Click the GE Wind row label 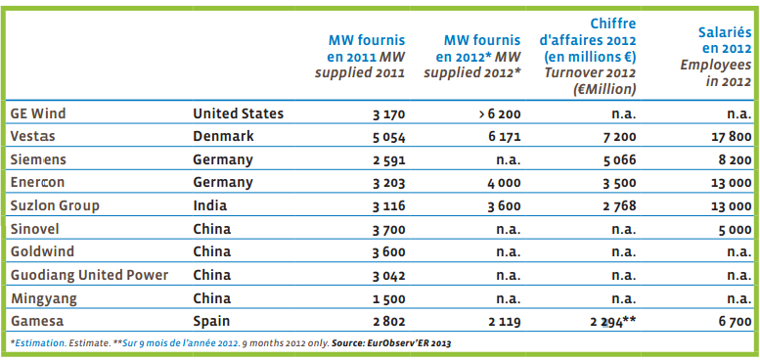point(38,113)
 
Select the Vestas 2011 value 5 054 point(388,137)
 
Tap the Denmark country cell point(223,136)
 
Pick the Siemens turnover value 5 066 point(619,160)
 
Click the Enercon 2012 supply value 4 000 point(504,183)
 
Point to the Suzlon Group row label point(55,205)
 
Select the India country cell point(210,205)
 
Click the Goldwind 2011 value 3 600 point(388,252)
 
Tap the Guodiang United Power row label point(89,275)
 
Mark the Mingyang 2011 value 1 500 point(389,298)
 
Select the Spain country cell point(211,321)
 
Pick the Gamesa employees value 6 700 point(736,322)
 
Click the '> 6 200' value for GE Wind point(500,114)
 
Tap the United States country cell point(238,113)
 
